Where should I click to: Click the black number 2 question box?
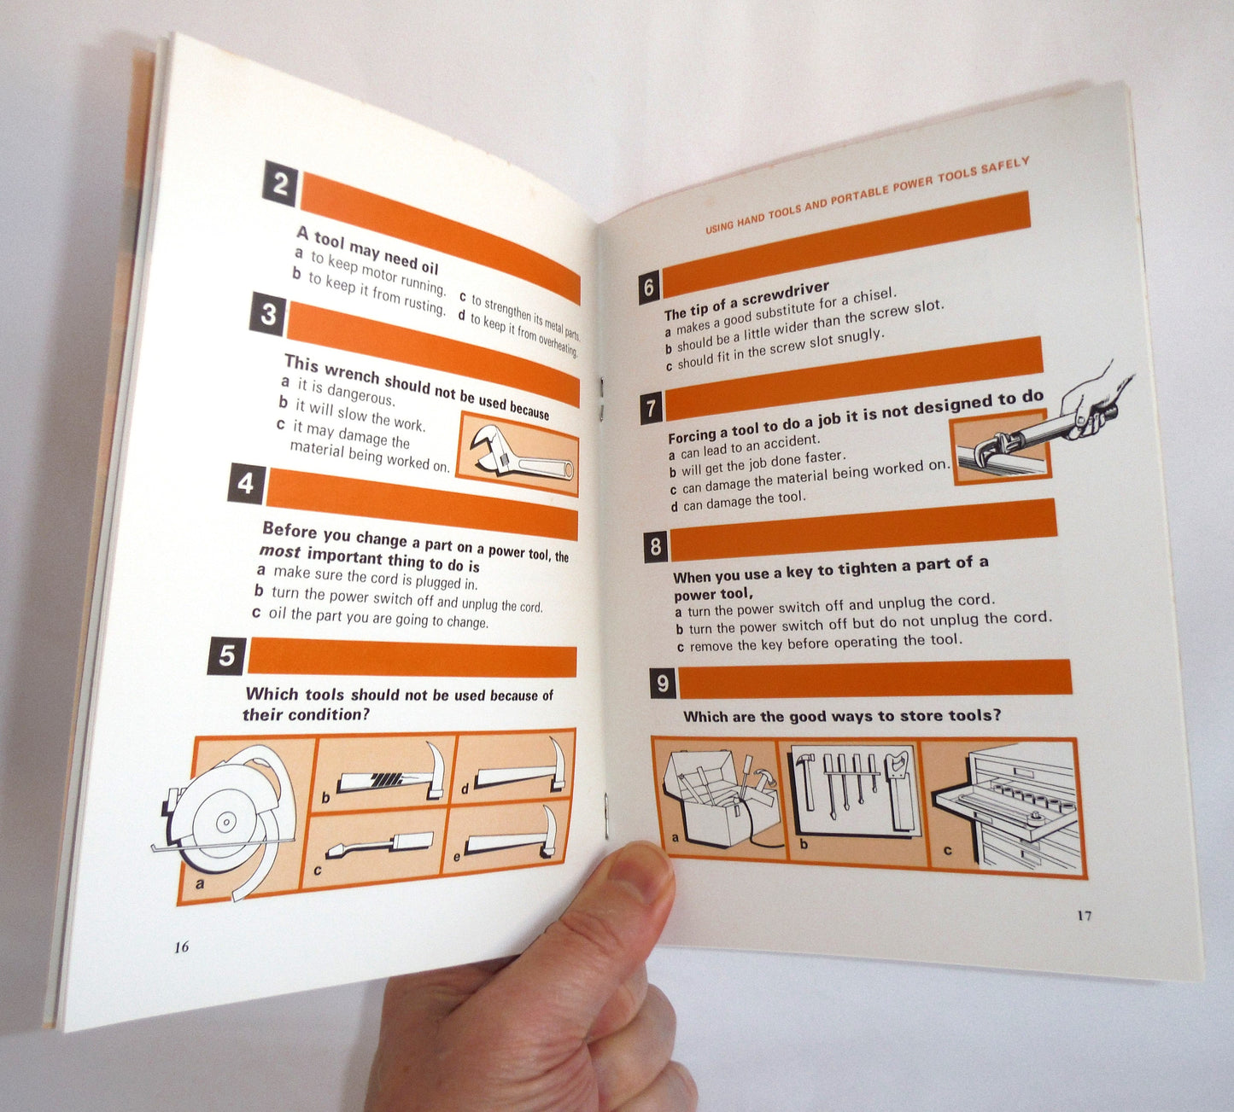tap(280, 183)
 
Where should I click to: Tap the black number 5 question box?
tap(226, 655)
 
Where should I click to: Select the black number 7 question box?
tap(652, 408)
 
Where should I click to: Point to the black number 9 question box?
tap(664, 684)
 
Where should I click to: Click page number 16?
tap(181, 946)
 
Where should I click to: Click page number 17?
tap(1084, 916)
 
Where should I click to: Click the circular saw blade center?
tap(226, 822)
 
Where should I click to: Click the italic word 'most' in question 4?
tap(280, 551)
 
